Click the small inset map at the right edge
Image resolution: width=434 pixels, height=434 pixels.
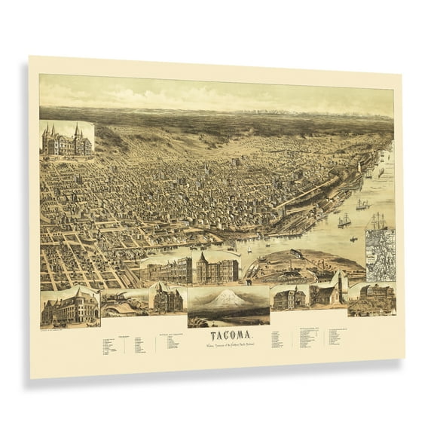tap(380, 255)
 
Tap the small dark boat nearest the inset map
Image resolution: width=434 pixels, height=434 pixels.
tap(353, 240)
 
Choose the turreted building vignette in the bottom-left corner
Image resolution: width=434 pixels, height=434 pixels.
tap(69, 307)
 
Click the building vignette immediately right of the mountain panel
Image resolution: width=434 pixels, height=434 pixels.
tap(289, 297)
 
